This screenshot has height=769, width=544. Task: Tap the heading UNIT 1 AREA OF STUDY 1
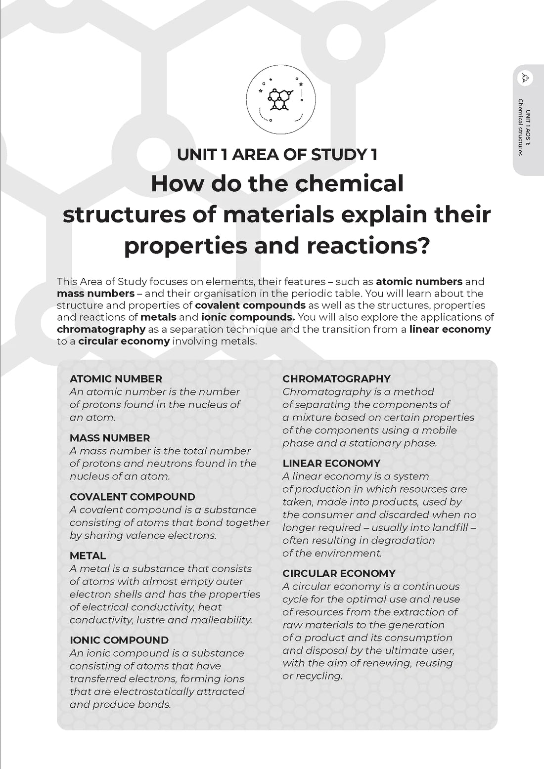click(x=277, y=155)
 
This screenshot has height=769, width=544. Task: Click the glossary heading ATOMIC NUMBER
click(x=116, y=379)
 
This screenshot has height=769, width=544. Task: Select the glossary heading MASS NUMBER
click(x=110, y=438)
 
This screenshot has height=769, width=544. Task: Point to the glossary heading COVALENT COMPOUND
click(x=133, y=497)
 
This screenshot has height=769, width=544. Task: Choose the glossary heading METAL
click(x=88, y=556)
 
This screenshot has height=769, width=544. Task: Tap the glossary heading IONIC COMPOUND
click(x=119, y=641)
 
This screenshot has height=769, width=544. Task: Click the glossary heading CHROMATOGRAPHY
click(x=336, y=379)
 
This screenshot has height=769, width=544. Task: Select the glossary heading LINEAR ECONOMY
click(x=331, y=464)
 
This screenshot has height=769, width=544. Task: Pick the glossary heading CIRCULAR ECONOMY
click(x=339, y=574)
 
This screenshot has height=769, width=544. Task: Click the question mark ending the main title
click(x=421, y=246)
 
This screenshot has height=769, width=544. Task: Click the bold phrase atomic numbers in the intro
click(x=419, y=282)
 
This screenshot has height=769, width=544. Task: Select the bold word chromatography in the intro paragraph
click(x=101, y=329)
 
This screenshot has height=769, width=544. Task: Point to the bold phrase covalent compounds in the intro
click(x=250, y=305)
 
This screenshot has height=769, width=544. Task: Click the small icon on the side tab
click(x=525, y=78)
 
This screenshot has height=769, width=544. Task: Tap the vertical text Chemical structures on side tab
click(x=520, y=127)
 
